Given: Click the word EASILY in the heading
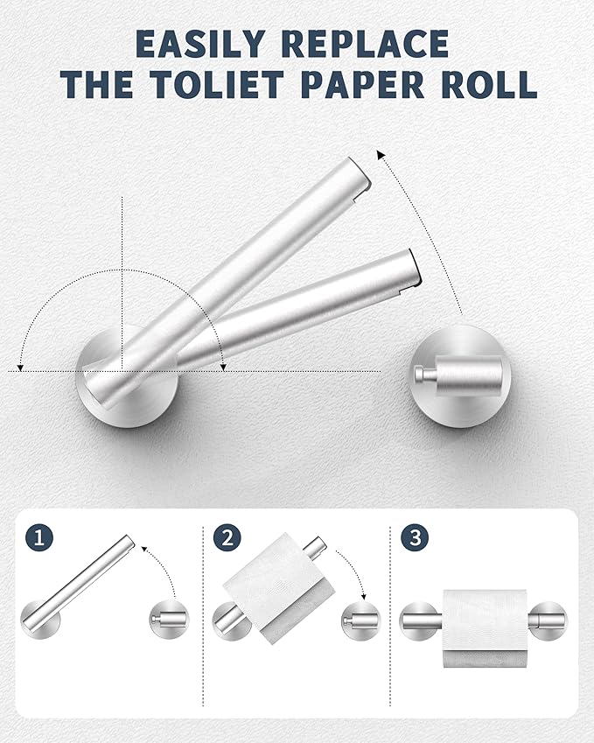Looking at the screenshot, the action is (x=199, y=44).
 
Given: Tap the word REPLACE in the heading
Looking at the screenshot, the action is (x=365, y=44).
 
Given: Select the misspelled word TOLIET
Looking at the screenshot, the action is (x=218, y=84).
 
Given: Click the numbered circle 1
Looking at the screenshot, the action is (x=39, y=538).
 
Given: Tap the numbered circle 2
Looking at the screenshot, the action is (x=227, y=538).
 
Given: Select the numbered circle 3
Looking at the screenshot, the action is (x=415, y=538).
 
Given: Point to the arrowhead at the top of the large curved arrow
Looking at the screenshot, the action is (x=381, y=155).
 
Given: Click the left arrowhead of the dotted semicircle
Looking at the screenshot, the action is (x=19, y=367).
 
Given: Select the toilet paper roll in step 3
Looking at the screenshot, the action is (x=486, y=627).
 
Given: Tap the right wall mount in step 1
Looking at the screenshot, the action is (x=170, y=620).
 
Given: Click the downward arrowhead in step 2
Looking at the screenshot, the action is (x=363, y=596).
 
